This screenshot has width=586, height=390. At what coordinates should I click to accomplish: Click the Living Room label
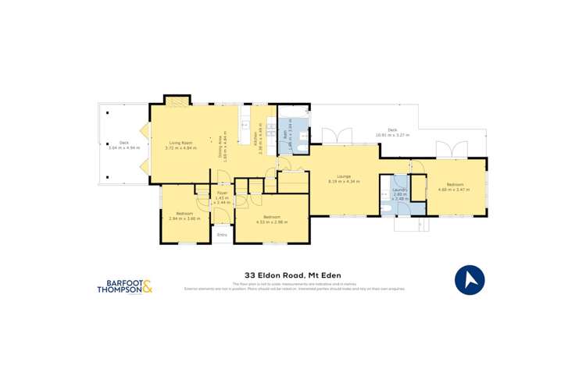click(x=179, y=142)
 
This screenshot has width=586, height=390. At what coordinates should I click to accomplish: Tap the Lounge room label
click(x=343, y=176)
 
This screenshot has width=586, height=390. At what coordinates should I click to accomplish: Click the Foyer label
click(x=222, y=192)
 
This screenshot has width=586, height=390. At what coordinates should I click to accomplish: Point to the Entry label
click(x=222, y=235)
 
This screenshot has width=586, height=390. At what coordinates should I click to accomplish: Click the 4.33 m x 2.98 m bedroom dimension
click(x=272, y=222)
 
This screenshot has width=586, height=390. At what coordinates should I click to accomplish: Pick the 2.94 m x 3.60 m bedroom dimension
click(x=184, y=218)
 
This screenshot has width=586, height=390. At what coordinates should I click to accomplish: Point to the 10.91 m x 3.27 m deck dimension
click(x=392, y=135)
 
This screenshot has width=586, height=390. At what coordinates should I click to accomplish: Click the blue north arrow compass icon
click(x=469, y=279)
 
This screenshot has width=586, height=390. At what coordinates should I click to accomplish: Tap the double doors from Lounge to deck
click(x=334, y=136)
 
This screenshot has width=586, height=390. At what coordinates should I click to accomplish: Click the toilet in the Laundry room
click(x=388, y=208)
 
